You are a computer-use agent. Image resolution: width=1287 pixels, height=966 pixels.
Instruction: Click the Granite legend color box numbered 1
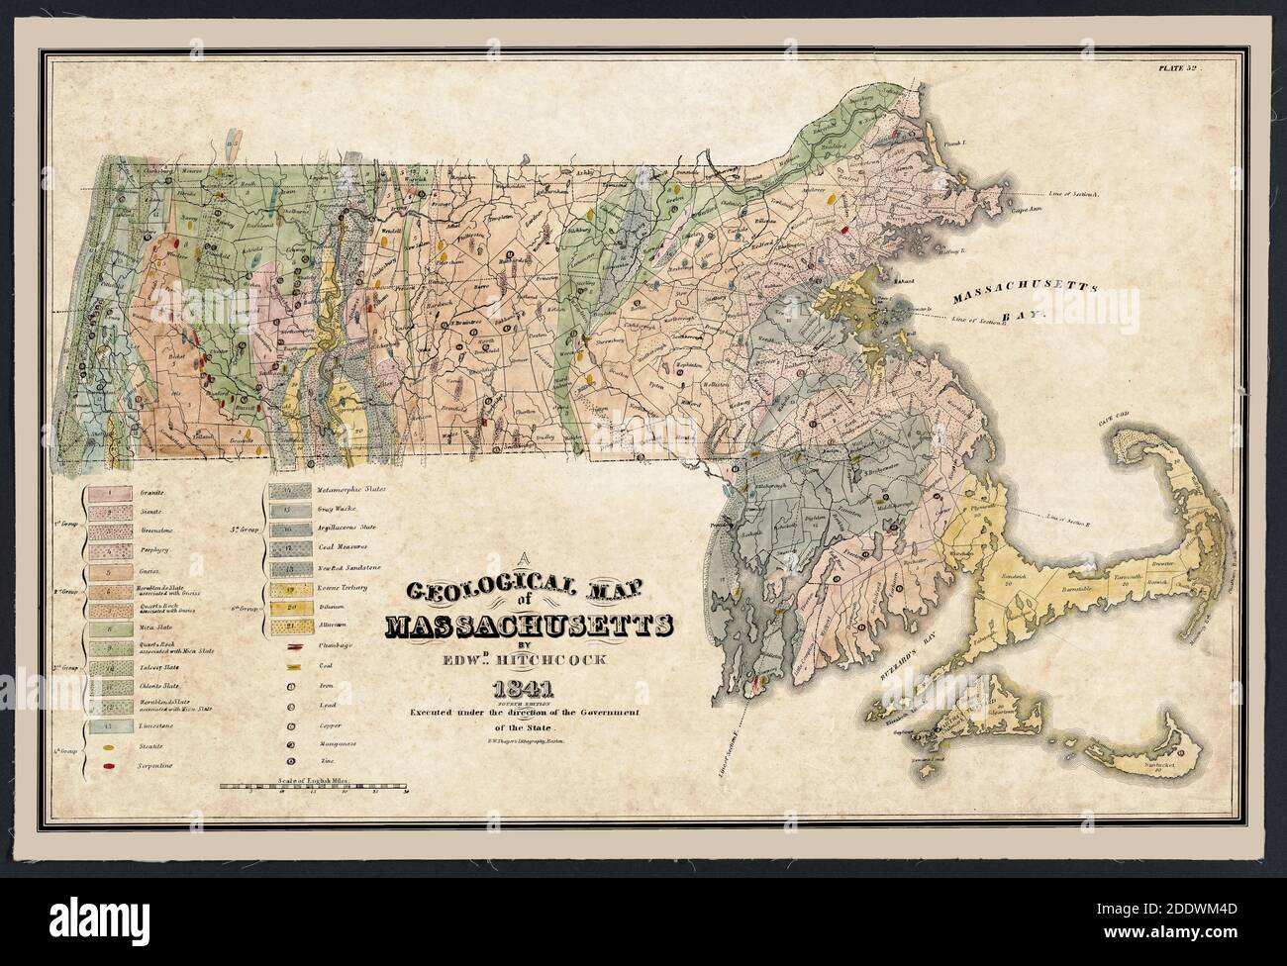pos(106,491)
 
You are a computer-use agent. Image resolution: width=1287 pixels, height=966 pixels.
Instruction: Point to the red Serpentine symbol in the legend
pos(105,766)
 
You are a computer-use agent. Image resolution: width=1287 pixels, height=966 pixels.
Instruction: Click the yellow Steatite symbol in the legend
pos(105,747)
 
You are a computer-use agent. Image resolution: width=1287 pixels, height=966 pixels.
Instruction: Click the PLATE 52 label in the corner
pos(1178,69)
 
